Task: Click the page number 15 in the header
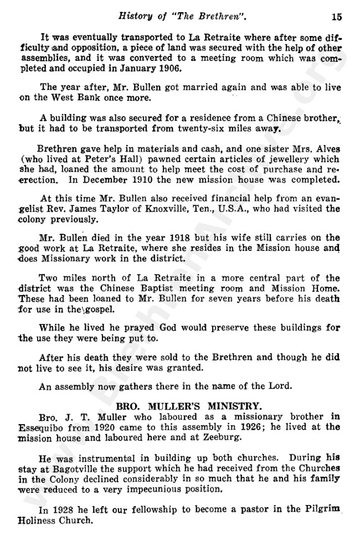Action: [337, 16]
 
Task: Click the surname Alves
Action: [326, 149]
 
